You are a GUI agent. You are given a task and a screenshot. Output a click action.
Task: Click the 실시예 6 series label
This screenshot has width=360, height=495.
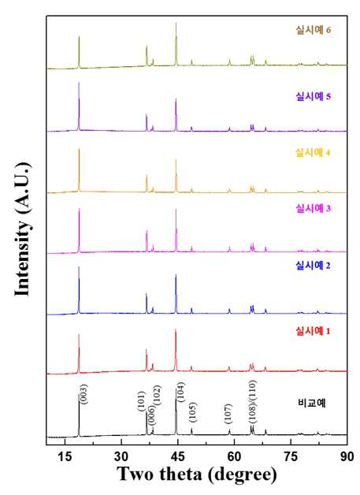(313, 30)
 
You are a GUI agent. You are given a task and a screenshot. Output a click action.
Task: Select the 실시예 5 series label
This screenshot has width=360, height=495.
(313, 96)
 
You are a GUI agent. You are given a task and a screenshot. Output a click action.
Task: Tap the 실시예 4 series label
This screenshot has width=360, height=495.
(313, 153)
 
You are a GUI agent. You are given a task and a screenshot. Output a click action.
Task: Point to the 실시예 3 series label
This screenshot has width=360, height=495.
(313, 208)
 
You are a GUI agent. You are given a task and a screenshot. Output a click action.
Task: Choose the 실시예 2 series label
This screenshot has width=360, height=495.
(313, 266)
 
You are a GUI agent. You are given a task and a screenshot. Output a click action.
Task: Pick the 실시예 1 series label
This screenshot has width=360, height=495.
(313, 331)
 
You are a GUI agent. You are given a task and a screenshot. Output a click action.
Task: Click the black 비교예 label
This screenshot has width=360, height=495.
(311, 403)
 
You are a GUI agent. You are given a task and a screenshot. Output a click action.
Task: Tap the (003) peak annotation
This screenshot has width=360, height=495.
(84, 393)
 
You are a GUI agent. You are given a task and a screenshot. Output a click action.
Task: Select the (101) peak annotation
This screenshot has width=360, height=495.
(141, 401)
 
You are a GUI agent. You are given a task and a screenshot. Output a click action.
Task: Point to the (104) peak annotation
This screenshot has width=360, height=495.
(181, 392)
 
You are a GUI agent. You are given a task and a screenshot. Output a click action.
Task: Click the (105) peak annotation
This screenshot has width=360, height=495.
(192, 412)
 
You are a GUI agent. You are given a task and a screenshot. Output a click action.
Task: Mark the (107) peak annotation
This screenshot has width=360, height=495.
(228, 414)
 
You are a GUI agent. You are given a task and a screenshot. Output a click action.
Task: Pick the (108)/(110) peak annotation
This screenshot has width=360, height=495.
(252, 401)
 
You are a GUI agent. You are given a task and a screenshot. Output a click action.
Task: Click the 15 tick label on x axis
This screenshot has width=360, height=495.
(65, 456)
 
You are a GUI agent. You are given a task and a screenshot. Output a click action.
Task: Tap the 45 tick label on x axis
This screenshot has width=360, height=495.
(177, 456)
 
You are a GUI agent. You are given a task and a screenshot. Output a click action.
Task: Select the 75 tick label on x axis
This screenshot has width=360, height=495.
(291, 456)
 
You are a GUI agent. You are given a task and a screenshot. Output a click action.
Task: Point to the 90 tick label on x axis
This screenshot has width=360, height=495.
(347, 456)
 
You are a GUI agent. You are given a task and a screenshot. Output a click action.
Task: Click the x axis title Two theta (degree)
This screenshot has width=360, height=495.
(197, 475)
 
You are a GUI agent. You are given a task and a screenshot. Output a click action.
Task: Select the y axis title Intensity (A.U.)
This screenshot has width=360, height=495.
(23, 229)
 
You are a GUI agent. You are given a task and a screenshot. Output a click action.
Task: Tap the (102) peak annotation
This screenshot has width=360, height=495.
(157, 395)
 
